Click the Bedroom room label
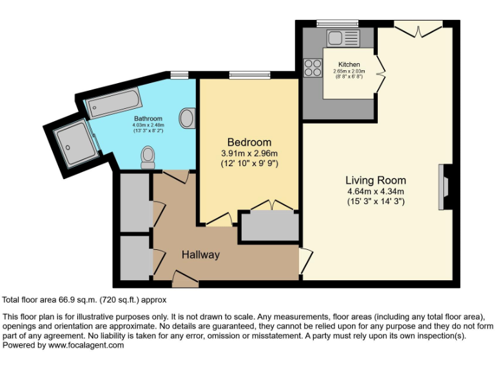pos(249,142)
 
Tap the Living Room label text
pos(375,180)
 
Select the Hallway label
pos(200,255)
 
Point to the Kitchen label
pos(349,64)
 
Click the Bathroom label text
pos(148,119)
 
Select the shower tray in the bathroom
pos(75,142)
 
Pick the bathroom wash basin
pos(187,118)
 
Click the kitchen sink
pos(337,38)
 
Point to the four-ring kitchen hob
pos(313,67)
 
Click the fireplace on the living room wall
pos(443,187)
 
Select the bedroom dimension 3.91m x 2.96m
pos(249,153)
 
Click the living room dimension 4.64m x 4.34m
pos(375,191)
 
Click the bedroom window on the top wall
pos(248,75)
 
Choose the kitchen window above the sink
pos(337,23)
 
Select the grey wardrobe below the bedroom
pos(270,226)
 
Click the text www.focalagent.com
pos(86,345)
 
